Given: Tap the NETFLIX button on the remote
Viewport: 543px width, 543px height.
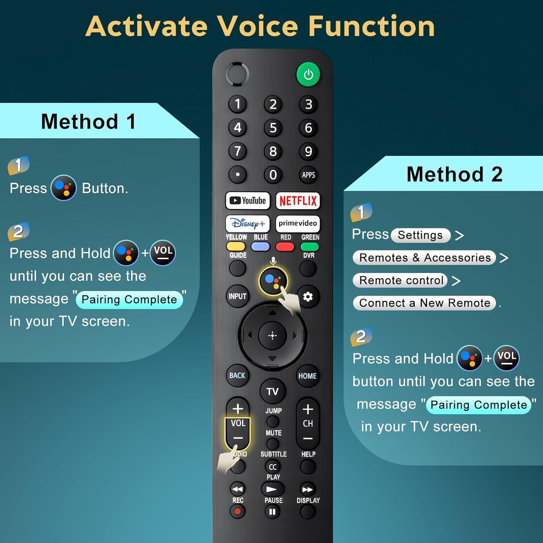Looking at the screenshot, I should (x=298, y=201).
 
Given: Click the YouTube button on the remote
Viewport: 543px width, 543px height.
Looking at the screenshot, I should (x=248, y=201).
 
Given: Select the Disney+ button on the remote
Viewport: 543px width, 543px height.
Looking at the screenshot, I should (x=248, y=224).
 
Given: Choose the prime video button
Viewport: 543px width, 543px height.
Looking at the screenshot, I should (x=298, y=223).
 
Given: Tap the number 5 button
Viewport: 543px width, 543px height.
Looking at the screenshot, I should (x=273, y=128).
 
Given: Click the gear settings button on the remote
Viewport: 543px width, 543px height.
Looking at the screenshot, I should (x=308, y=297).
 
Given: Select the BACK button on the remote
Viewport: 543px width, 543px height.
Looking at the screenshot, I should (x=237, y=376).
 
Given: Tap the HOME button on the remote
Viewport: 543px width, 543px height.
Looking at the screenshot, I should (x=307, y=376).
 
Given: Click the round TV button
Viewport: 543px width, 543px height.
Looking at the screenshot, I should (x=273, y=391).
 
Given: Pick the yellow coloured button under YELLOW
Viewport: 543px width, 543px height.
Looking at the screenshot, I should (x=236, y=247).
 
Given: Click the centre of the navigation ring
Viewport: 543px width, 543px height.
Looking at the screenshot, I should (x=273, y=336).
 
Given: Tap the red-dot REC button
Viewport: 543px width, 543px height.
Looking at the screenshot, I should (x=237, y=512).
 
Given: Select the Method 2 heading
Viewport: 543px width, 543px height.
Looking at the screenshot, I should (x=454, y=174).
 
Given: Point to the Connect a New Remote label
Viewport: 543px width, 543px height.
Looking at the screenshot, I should (x=424, y=303).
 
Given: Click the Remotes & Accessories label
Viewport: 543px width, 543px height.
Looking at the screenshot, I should (x=425, y=258).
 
